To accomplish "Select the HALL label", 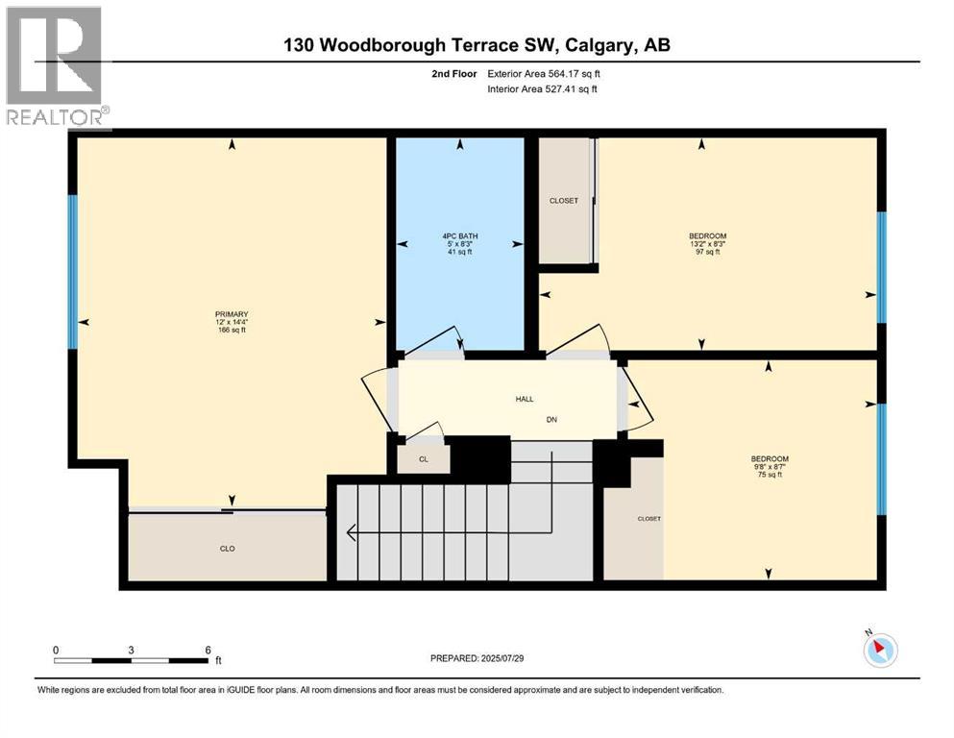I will (x=524, y=399).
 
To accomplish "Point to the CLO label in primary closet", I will (x=227, y=549).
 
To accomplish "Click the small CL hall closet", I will (x=423, y=459).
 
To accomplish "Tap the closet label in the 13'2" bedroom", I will (x=564, y=201).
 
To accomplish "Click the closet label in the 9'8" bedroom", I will (x=649, y=519).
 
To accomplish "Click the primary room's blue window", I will (x=72, y=272).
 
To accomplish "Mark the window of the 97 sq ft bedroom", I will (x=881, y=266).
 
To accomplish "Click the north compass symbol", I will (x=879, y=649).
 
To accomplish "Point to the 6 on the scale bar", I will (x=208, y=649).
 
